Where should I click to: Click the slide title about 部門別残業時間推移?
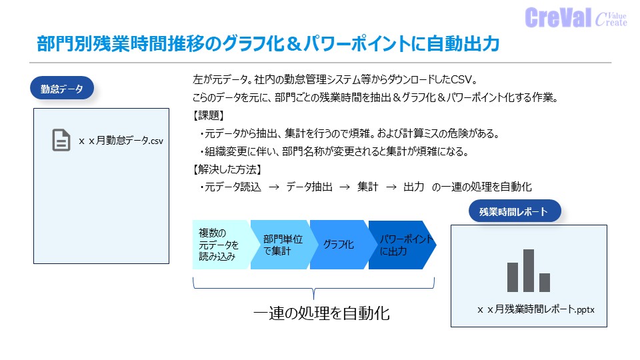point(267,44)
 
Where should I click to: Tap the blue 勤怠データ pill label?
point(61,88)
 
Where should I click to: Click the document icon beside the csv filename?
point(61,140)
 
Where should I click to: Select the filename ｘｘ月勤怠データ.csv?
point(121,141)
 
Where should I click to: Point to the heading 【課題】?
point(208,115)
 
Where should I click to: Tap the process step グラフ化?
point(339,245)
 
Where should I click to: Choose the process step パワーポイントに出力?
point(403,245)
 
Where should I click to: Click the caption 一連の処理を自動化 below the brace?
point(321,313)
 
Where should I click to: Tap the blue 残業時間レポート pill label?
point(513,212)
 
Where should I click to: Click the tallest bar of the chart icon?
point(529,270)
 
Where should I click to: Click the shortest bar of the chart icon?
point(545,282)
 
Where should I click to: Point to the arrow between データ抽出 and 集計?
point(344,187)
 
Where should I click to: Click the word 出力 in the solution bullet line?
point(413,187)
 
